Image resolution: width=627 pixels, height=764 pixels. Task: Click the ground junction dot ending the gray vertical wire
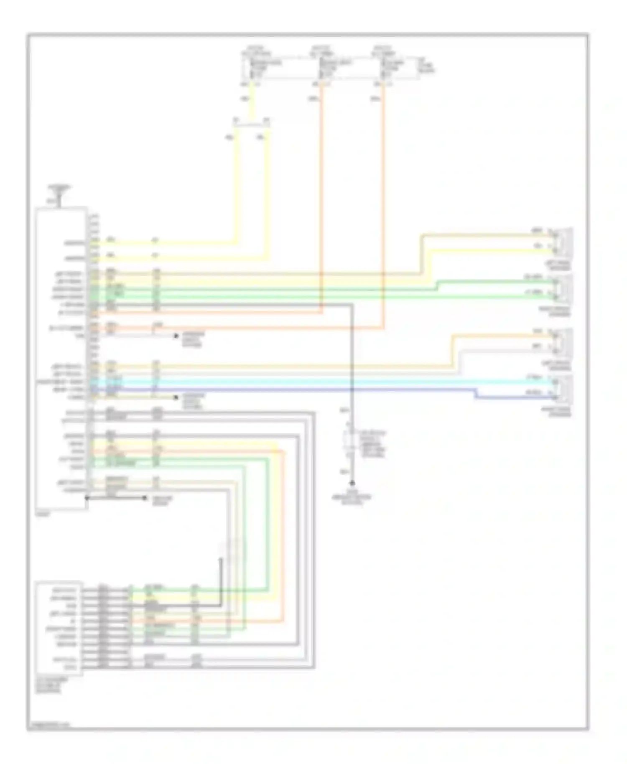point(352,483)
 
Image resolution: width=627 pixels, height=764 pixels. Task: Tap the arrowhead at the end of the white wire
point(176,335)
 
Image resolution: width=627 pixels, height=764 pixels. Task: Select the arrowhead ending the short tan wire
point(176,397)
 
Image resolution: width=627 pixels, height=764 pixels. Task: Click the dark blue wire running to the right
point(293,390)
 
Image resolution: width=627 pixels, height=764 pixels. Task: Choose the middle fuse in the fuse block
point(321,68)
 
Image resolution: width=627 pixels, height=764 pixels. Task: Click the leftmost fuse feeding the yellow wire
point(252,68)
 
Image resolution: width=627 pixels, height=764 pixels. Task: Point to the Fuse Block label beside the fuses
point(427,67)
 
